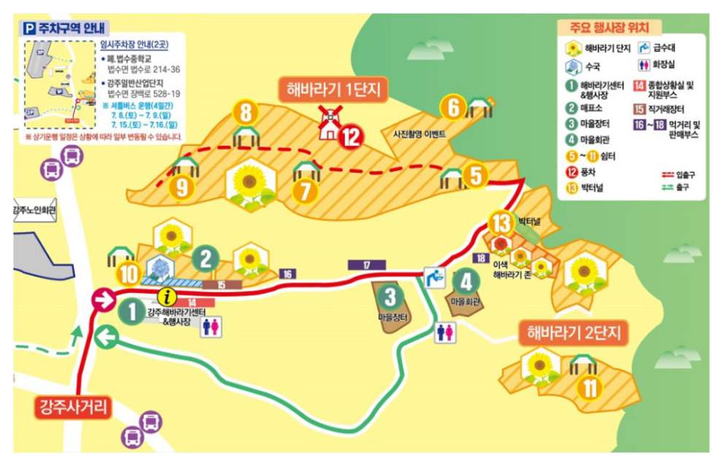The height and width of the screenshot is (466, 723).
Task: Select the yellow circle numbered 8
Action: pyautogui.click(x=246, y=113)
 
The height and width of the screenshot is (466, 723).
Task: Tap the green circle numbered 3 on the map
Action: pyautogui.click(x=391, y=296)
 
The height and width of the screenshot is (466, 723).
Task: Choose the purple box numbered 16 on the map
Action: pyautogui.click(x=288, y=273)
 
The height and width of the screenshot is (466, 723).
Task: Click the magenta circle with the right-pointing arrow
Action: pyautogui.click(x=103, y=298)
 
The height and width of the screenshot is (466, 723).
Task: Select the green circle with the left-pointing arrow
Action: pyautogui.click(x=107, y=337)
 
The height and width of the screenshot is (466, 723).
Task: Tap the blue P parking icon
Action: pyautogui.click(x=30, y=27)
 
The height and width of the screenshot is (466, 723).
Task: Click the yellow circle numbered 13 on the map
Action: pyautogui.click(x=502, y=221)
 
